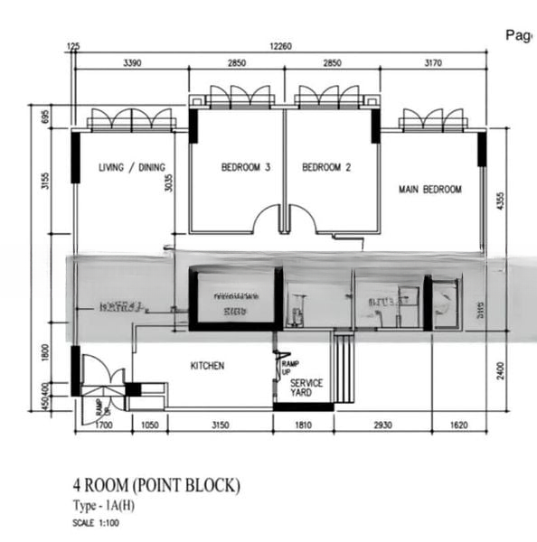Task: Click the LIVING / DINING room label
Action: [132, 167]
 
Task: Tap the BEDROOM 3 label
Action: [246, 167]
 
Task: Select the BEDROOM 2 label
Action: [326, 167]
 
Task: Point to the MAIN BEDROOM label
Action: [430, 190]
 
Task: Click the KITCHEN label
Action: [207, 366]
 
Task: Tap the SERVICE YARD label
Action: [306, 388]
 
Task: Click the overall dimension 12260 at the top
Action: [280, 46]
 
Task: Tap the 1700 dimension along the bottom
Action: [104, 424]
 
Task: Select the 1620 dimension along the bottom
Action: [459, 424]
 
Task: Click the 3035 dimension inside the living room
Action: [168, 183]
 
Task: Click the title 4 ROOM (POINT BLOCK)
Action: [156, 486]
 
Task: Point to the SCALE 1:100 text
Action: [96, 523]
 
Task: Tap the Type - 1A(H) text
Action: [112, 505]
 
